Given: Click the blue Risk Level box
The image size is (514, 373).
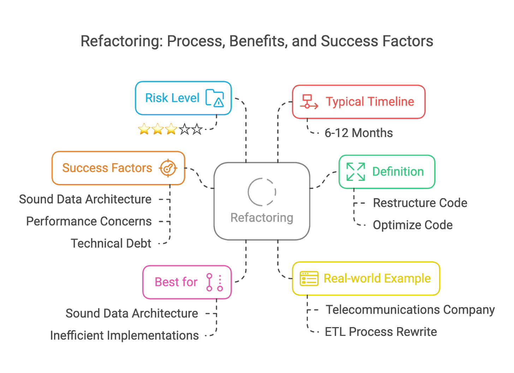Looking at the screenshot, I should (183, 98).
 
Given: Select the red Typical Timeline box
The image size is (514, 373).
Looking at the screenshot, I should (359, 102).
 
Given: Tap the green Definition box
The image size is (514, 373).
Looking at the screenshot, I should (387, 172).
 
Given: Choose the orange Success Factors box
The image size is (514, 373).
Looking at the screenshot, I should (118, 168).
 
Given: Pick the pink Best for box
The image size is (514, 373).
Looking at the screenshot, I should (187, 282).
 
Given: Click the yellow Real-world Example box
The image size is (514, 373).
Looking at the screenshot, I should (366, 279).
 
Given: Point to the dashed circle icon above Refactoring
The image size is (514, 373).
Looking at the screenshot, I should (262, 192).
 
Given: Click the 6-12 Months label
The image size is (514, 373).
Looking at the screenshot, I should (358, 133).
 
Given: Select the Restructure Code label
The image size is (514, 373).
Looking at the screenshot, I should (420, 203).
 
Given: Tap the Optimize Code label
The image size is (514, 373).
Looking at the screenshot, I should (413, 225).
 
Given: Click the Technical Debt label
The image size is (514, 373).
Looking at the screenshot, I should (111, 243).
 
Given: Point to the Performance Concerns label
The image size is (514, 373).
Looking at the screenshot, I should (89, 221).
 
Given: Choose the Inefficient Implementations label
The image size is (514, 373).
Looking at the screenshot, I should (124, 335).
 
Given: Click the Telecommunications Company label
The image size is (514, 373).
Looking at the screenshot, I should (410, 310).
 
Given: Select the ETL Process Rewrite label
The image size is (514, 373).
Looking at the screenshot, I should (381, 332).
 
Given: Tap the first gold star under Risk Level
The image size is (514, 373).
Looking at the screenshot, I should (144, 129).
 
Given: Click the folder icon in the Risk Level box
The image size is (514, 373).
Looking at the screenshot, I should (215, 98).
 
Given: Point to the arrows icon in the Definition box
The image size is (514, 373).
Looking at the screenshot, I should (355, 172).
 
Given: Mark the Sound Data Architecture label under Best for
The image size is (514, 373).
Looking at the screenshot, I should (132, 313).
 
